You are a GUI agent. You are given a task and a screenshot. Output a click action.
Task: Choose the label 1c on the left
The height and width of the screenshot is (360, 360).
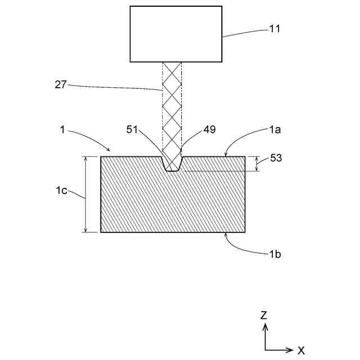[x=61, y=191]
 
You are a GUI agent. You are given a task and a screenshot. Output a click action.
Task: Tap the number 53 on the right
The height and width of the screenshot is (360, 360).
[x=276, y=158]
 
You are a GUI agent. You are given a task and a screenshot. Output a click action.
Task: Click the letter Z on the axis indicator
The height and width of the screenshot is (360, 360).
[x=263, y=316]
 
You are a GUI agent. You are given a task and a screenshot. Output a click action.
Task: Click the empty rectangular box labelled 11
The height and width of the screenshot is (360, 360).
[x=176, y=34]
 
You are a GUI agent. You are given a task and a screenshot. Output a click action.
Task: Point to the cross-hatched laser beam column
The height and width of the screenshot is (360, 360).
[x=172, y=107]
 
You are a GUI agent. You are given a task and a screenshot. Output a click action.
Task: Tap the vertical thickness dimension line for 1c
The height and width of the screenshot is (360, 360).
[x=85, y=194]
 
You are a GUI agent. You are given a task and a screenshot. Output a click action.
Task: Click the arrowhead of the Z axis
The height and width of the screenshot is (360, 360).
[x=265, y=326]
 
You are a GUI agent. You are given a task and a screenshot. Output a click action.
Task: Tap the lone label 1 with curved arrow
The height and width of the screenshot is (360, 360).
[x=61, y=130]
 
